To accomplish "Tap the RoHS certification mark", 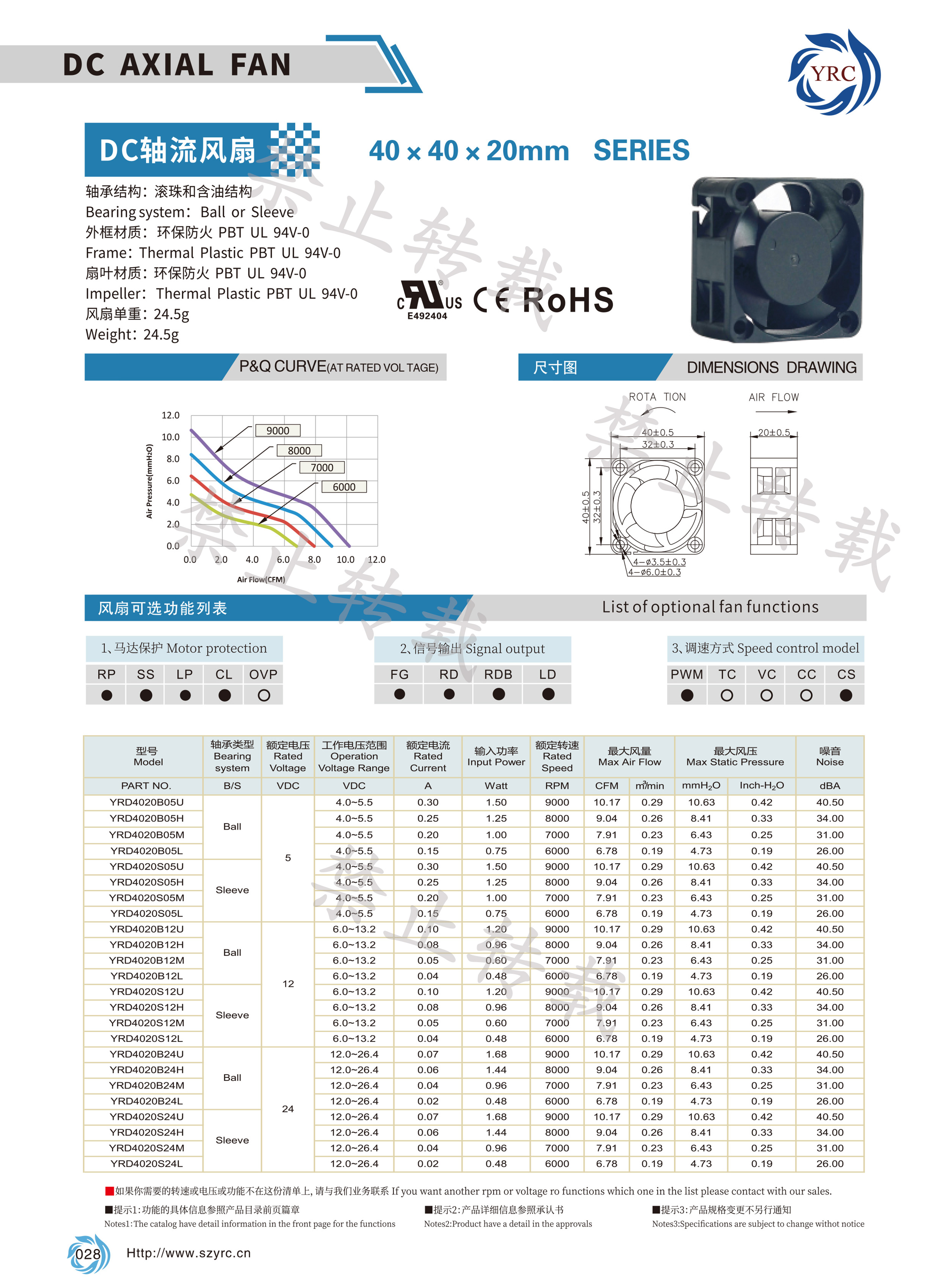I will click(568, 300).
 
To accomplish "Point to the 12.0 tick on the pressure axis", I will click(170, 415).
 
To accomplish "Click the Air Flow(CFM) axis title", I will click(261, 579).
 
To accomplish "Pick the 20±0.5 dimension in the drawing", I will click(774, 432).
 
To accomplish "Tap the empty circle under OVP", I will click(263, 695).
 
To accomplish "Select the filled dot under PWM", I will click(687, 695).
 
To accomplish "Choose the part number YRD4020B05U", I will click(146, 802).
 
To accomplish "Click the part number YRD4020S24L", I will click(146, 1164).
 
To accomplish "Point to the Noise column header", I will click(829, 756).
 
